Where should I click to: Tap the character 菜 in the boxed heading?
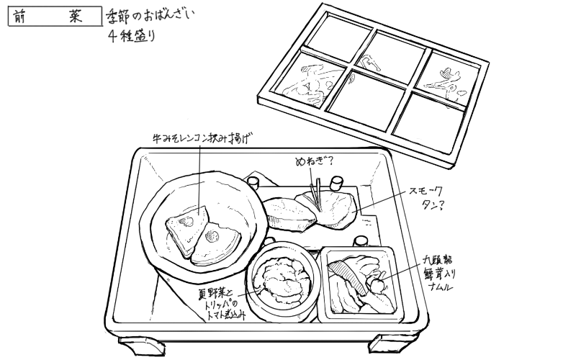click(76, 17)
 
